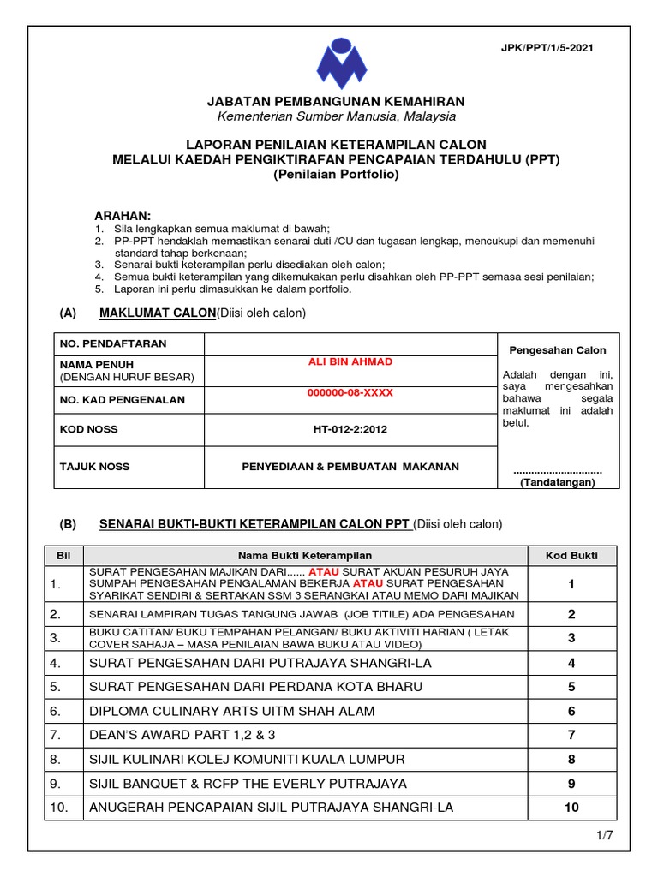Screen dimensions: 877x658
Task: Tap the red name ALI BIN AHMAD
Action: [x=350, y=361]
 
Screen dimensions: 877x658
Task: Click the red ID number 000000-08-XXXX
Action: [x=350, y=392]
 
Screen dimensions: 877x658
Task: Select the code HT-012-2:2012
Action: [x=350, y=429]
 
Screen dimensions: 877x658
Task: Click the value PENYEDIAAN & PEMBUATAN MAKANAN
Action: [x=350, y=467]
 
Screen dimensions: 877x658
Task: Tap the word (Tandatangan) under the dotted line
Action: [x=558, y=482]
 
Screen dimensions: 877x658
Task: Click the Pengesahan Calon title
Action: [x=558, y=350]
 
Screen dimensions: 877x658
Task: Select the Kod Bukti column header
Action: [x=571, y=555]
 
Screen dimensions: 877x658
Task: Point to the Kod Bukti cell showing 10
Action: [x=571, y=808]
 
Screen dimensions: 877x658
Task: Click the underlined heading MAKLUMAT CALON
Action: [x=158, y=313]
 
